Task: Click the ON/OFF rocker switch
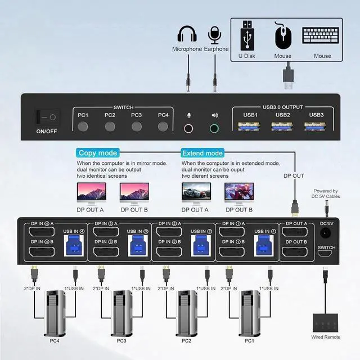46,118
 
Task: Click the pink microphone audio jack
189,128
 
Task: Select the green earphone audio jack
214,128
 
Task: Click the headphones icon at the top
187,35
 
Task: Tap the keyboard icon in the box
322,35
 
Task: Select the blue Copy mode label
98,153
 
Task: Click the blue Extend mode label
202,153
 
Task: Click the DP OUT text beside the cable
294,176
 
